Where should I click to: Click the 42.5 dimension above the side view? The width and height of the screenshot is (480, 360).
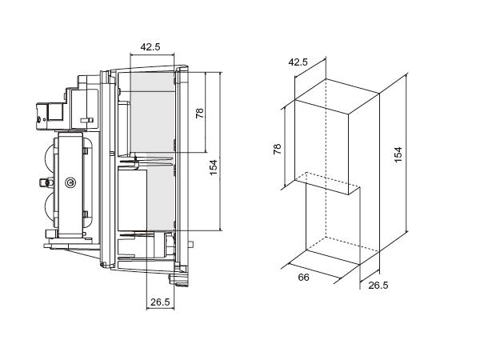click(x=150, y=47)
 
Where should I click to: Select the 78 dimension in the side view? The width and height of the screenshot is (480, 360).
click(x=199, y=113)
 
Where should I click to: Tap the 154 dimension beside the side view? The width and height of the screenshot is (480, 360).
click(x=214, y=167)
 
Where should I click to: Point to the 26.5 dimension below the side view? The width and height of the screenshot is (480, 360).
click(x=160, y=302)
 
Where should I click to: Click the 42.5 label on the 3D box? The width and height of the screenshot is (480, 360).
click(x=298, y=62)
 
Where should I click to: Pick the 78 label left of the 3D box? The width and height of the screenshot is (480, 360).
click(x=277, y=149)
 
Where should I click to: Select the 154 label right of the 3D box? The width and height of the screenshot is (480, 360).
click(x=398, y=155)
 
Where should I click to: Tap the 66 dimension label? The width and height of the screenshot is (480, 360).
click(x=303, y=278)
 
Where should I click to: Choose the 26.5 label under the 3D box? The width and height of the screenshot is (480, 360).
click(x=378, y=286)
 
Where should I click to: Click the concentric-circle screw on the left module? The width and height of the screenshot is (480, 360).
click(x=70, y=182)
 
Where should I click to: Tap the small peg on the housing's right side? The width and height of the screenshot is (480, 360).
click(x=190, y=244)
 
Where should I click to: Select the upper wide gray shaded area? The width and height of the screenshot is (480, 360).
click(x=152, y=112)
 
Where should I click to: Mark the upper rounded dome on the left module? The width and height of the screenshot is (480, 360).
click(x=50, y=157)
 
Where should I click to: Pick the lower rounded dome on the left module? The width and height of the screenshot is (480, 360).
click(x=50, y=209)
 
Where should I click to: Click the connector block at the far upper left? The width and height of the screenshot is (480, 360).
click(x=50, y=117)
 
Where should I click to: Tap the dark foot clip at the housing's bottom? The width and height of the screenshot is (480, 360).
click(x=179, y=280)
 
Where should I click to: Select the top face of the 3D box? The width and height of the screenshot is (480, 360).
click(x=337, y=97)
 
